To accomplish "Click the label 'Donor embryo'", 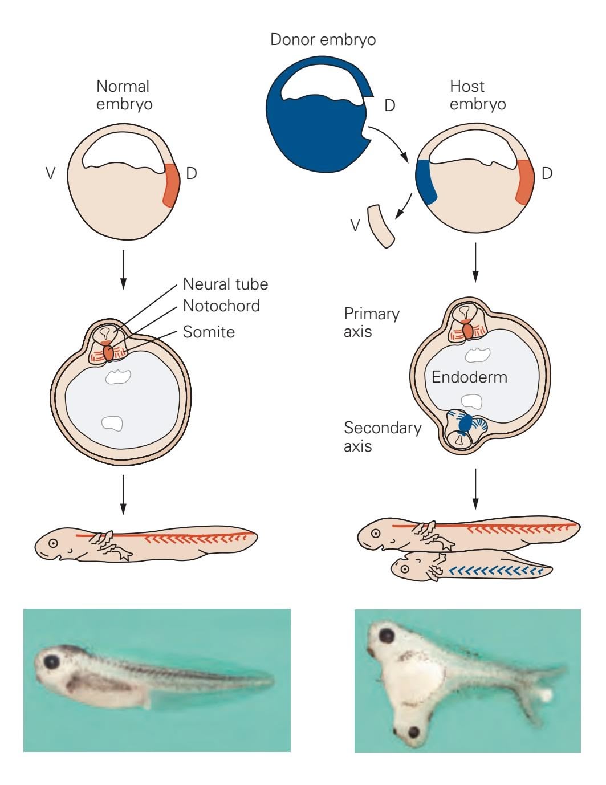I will click(323, 40).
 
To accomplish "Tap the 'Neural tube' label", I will click(225, 284).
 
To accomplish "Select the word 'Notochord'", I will click(221, 306).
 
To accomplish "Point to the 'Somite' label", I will click(209, 332).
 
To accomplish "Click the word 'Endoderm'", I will click(469, 377).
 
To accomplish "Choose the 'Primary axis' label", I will click(372, 323).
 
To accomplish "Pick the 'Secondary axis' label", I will click(383, 437).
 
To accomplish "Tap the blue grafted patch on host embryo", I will click(426, 182).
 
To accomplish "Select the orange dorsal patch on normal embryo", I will click(171, 184).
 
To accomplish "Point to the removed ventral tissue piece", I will click(381, 226).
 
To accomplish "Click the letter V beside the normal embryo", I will click(51, 173).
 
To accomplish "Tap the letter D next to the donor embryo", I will click(390, 105).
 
